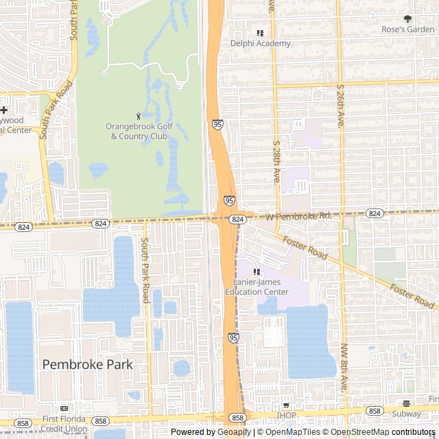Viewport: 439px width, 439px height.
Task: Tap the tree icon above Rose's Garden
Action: point(407,19)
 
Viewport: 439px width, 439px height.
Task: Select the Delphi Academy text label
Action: point(260,43)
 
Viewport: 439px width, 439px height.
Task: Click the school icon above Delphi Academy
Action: point(260,33)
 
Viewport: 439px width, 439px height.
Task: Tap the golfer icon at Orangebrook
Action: point(139,116)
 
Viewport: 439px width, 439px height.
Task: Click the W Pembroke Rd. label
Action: point(298,216)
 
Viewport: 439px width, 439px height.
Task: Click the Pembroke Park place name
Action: point(88,364)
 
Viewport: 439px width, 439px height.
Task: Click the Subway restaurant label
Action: point(407,414)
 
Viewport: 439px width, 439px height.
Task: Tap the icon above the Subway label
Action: point(407,403)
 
